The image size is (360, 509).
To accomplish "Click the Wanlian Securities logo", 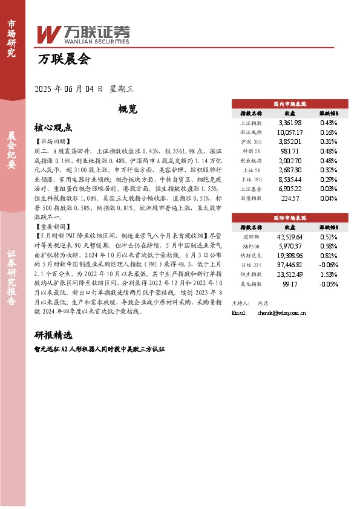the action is click(x=83, y=34).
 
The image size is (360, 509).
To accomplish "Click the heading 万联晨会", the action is click(x=64, y=59).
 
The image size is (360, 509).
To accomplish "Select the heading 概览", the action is click(x=128, y=109).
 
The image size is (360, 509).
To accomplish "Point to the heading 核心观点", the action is click(x=54, y=128).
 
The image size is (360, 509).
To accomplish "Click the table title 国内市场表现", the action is click(x=290, y=103).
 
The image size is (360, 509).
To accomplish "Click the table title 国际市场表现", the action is click(x=290, y=216).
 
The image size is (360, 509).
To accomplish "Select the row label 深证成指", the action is click(x=251, y=132).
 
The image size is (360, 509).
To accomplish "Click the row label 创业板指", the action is click(x=251, y=160).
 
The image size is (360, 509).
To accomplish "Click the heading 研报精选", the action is click(x=54, y=335).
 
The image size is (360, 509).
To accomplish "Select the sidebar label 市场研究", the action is click(x=11, y=36).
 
